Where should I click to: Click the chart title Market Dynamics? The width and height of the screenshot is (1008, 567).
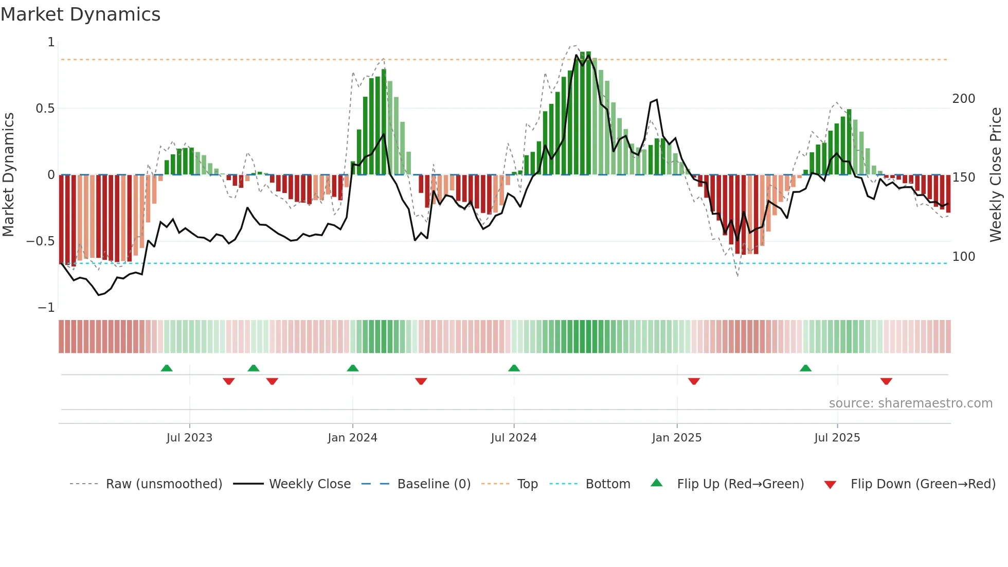[x=81, y=14]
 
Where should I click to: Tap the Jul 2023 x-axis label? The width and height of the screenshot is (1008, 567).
[x=189, y=438]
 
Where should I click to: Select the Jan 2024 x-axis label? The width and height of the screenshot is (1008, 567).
[x=352, y=438]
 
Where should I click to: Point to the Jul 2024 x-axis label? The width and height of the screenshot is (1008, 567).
[x=513, y=438]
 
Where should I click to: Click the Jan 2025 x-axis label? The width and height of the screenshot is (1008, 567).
[x=676, y=438]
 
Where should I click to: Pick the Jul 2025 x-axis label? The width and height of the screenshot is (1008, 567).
[x=837, y=438]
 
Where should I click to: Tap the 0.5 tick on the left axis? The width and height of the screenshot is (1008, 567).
[x=45, y=109]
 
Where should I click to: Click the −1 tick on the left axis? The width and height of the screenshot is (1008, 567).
[x=46, y=308]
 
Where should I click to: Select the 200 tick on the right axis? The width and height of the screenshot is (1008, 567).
[x=963, y=99]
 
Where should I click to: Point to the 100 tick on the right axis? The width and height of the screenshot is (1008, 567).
[x=963, y=257]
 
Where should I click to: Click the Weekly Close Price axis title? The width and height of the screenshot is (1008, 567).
[x=996, y=175]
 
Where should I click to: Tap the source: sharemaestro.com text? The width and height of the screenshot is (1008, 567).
[x=910, y=403]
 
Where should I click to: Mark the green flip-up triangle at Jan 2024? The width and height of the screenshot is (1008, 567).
[x=353, y=368]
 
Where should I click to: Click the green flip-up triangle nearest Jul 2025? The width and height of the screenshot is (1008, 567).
[x=805, y=368]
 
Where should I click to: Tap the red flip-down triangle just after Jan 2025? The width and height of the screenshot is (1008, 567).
[x=694, y=381]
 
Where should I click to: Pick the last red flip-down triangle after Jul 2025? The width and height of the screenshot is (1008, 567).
[x=886, y=381]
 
